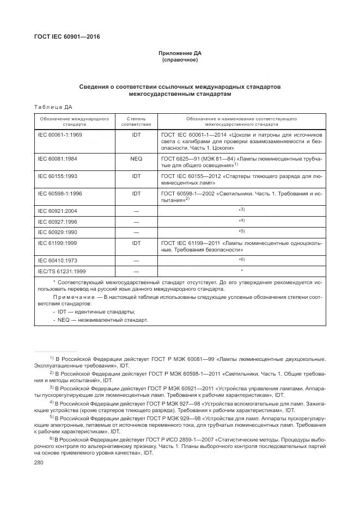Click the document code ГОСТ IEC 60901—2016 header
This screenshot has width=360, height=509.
pyautogui.click(x=67, y=37)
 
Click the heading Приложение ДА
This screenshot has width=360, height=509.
pyautogui.click(x=180, y=53)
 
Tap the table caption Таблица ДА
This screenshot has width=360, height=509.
pyautogui.click(x=53, y=107)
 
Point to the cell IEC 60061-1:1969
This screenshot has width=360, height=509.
pyautogui.click(x=59, y=134)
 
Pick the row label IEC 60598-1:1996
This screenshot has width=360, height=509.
pyautogui.click(x=60, y=193)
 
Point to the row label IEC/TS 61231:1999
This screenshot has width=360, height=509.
pyautogui.click(x=62, y=271)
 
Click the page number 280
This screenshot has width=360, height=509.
pyautogui.click(x=39, y=462)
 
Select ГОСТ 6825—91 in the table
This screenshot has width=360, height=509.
pyautogui.click(x=180, y=158)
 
